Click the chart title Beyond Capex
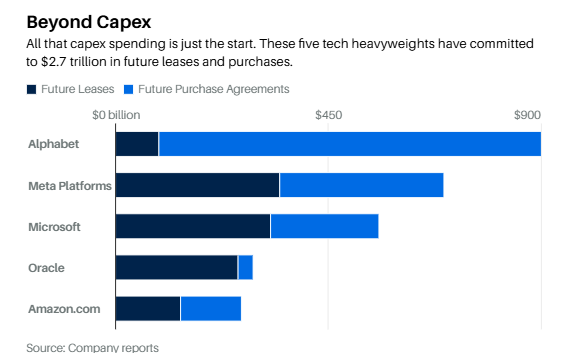(x=89, y=22)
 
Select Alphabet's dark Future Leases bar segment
(x=137, y=144)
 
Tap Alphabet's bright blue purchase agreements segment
(x=350, y=144)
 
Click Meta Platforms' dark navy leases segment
(x=197, y=185)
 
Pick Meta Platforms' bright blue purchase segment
(x=362, y=185)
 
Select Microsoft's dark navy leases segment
(x=193, y=227)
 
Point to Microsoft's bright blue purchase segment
(x=325, y=227)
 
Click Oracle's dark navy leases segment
(x=177, y=268)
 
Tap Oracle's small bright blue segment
(x=246, y=268)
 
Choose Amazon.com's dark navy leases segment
(x=148, y=309)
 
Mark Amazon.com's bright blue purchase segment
(x=211, y=309)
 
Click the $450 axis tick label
(x=329, y=115)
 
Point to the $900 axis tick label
(x=527, y=115)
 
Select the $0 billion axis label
(x=116, y=115)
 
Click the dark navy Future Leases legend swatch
(x=31, y=89)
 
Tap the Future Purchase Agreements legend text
(x=214, y=89)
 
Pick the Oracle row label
(x=46, y=268)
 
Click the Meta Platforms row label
(x=70, y=186)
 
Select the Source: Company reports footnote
(x=93, y=348)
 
